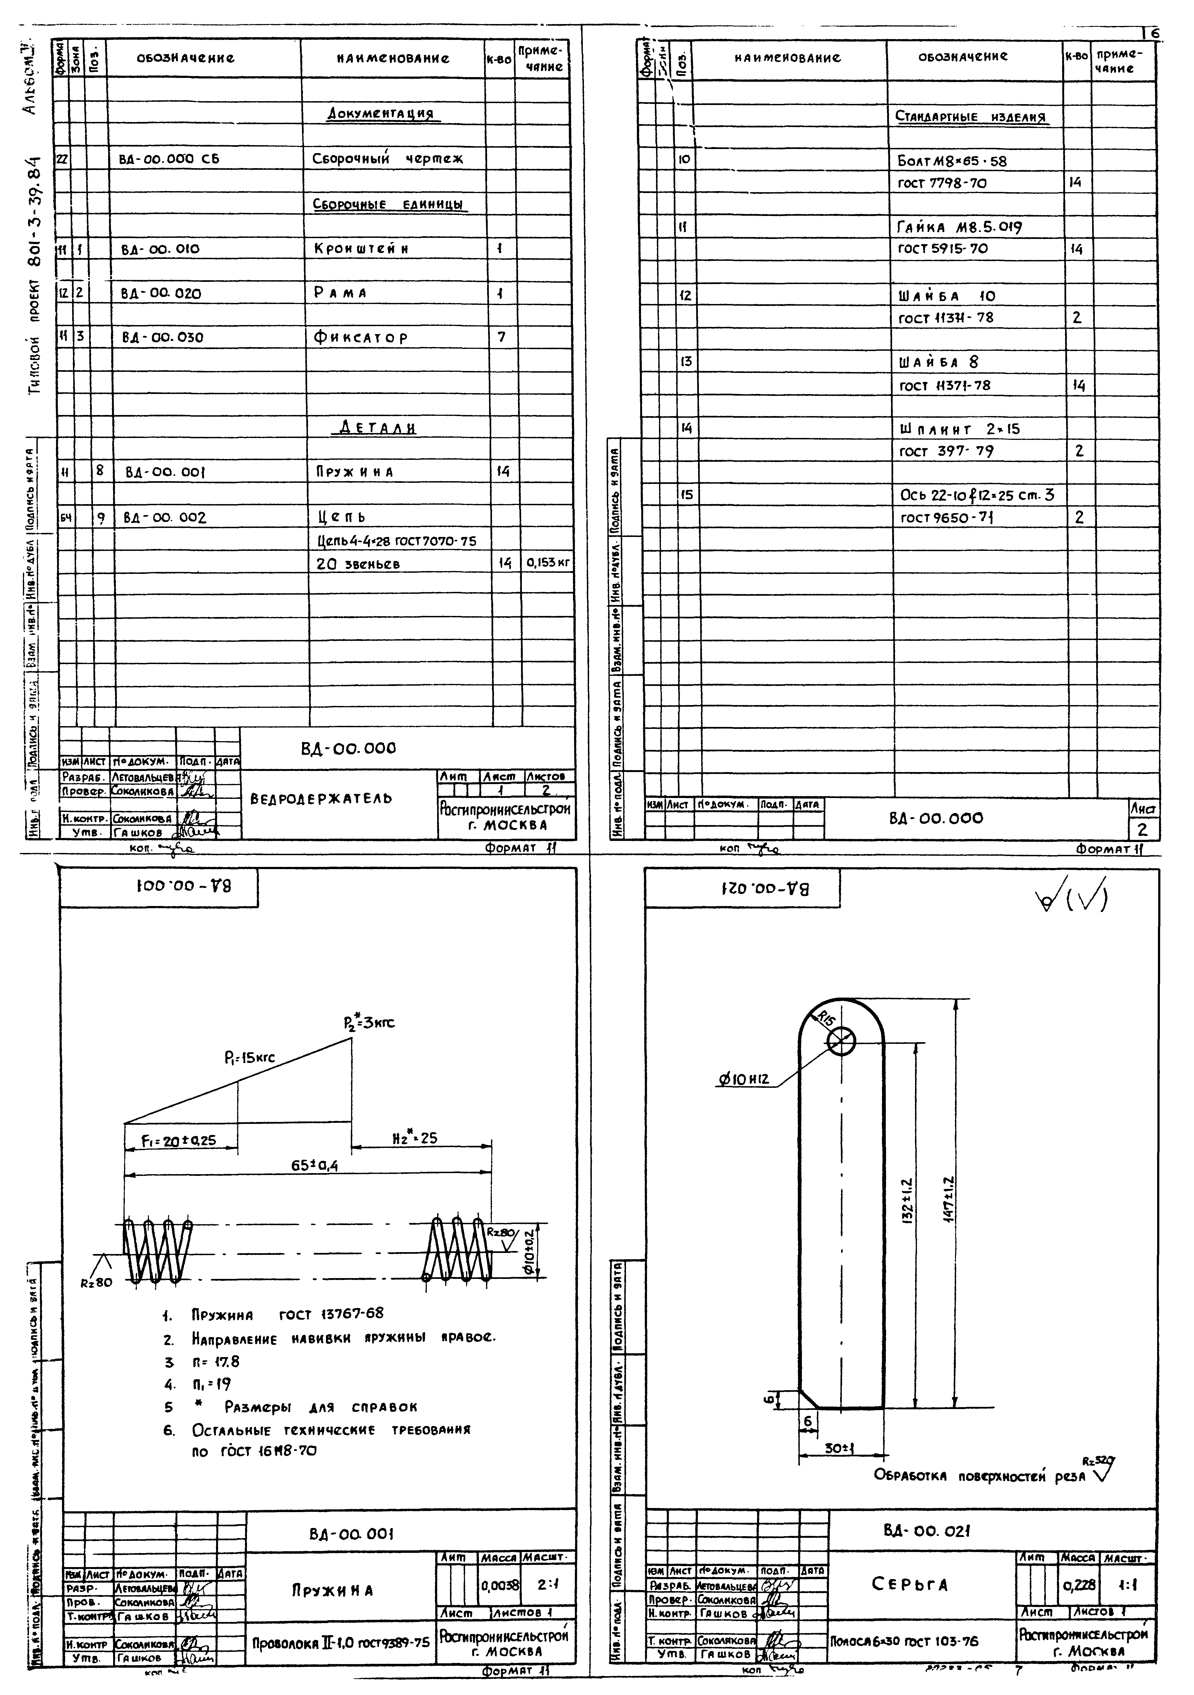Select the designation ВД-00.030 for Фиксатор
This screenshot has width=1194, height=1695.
pos(162,337)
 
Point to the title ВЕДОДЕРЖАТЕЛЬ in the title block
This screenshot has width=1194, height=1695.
pos(321,799)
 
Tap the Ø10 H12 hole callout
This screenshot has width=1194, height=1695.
pos(743,1080)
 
